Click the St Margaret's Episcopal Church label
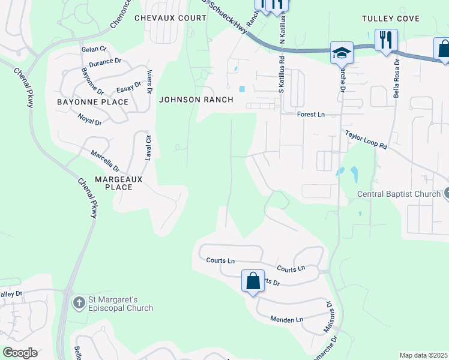click(x=121, y=304)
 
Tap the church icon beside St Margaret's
click(x=79, y=303)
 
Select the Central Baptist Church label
click(x=399, y=194)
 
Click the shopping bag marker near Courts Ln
click(x=253, y=280)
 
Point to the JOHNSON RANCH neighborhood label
click(x=196, y=100)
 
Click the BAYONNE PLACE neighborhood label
click(x=92, y=102)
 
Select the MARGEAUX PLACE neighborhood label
click(x=113, y=183)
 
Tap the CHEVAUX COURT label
click(x=170, y=18)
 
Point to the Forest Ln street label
click(x=311, y=114)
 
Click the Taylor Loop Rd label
click(x=366, y=141)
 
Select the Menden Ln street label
click(x=286, y=320)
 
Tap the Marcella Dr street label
click(x=105, y=161)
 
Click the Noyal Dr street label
click(x=90, y=118)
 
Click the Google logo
click(x=20, y=353)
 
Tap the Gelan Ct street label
click(x=94, y=49)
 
